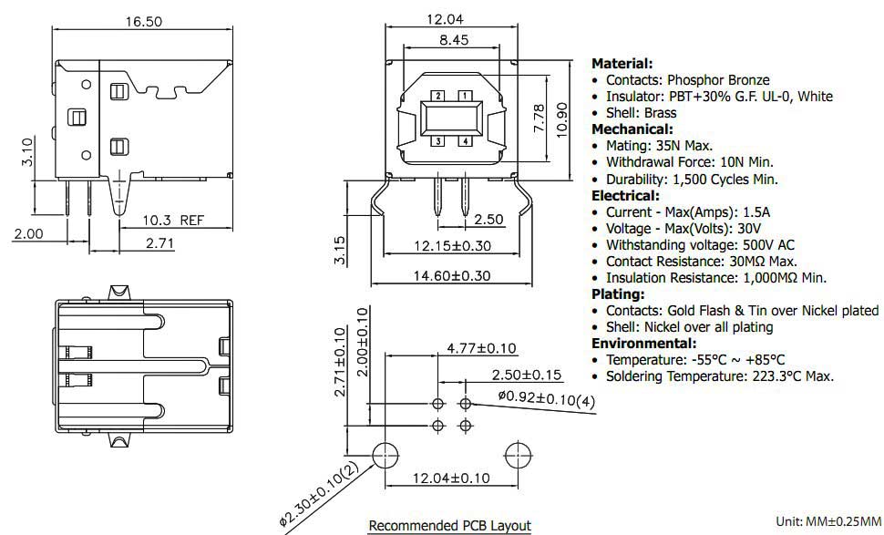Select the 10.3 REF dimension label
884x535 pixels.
[x=173, y=220]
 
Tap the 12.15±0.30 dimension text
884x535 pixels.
[x=452, y=245]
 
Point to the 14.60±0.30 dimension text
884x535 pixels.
[x=452, y=274]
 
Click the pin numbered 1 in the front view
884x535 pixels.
[x=465, y=96]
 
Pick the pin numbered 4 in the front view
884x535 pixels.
[x=465, y=141]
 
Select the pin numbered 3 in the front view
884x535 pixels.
[x=438, y=141]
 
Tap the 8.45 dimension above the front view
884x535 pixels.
[x=454, y=39]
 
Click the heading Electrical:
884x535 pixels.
[x=625, y=195]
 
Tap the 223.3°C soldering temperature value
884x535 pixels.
[x=773, y=376]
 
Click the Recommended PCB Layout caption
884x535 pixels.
[x=449, y=525]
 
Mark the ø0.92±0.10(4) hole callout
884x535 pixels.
[x=547, y=399]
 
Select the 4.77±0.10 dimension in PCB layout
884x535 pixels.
[x=481, y=348]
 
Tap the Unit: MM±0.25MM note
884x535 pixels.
[x=828, y=520]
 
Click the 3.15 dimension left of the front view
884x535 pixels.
[x=340, y=251]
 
